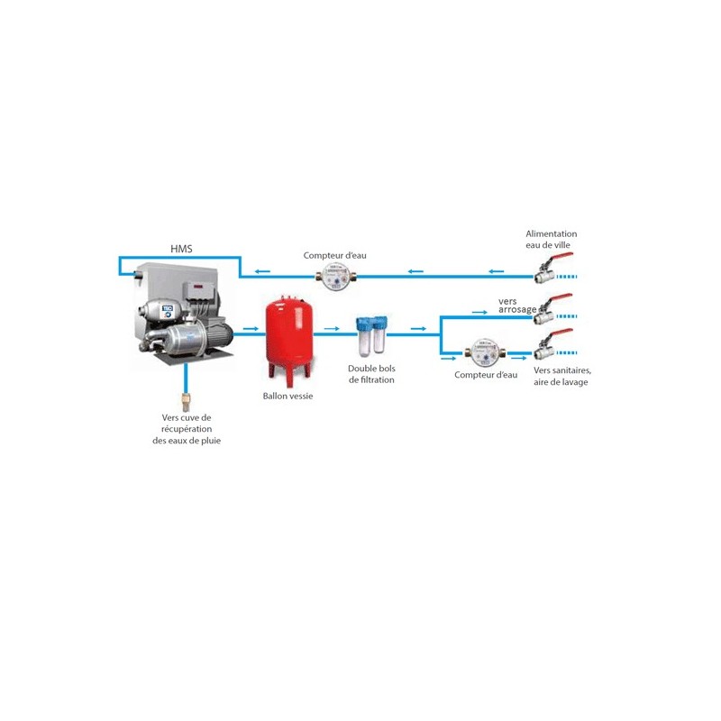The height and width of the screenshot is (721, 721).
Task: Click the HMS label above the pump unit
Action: (x=181, y=249)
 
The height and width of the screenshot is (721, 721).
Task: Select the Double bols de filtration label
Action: (x=371, y=374)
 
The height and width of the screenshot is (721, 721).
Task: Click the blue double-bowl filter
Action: (x=371, y=335)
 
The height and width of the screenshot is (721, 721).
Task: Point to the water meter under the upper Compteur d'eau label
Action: (x=335, y=277)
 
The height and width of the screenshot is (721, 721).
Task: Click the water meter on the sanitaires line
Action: (x=485, y=353)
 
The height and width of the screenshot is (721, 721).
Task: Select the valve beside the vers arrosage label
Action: (x=553, y=309)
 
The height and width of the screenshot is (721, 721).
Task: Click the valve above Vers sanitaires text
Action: (x=553, y=345)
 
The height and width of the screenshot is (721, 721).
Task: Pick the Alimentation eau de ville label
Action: (x=551, y=239)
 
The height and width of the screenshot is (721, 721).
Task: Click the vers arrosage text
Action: (x=517, y=306)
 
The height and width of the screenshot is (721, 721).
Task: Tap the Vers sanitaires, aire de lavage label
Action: (x=561, y=376)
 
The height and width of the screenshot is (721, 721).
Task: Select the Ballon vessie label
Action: (x=287, y=396)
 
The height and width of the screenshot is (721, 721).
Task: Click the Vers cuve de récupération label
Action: (x=187, y=429)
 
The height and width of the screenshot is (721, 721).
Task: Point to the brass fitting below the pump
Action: (x=186, y=402)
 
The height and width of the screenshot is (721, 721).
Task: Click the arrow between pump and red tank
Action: (x=251, y=329)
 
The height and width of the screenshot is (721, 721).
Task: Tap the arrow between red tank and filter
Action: (x=332, y=329)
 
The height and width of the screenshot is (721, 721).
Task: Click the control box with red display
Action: (x=199, y=290)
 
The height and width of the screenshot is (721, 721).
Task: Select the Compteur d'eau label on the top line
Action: (x=334, y=255)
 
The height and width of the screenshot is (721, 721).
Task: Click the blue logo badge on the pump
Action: (x=167, y=311)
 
